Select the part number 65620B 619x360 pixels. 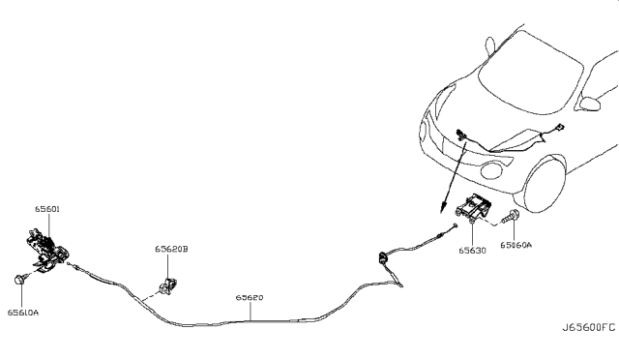[171, 250]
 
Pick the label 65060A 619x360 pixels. [516, 245]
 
